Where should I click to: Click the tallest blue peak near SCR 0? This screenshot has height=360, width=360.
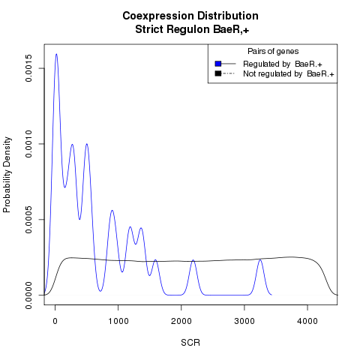pyautogui.click(x=56, y=54)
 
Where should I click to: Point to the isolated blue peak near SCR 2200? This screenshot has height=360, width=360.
pyautogui.click(x=193, y=260)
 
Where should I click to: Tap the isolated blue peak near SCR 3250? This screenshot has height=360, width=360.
pyautogui.click(x=260, y=260)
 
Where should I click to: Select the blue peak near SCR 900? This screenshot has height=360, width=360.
pyautogui.click(x=112, y=211)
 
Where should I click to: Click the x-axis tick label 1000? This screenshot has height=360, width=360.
pyautogui.click(x=118, y=321)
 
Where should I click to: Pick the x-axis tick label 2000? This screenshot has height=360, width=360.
pyautogui.click(x=181, y=321)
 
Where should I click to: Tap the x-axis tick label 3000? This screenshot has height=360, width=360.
pyautogui.click(x=244, y=321)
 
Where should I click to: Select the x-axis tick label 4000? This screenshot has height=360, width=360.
pyautogui.click(x=307, y=321)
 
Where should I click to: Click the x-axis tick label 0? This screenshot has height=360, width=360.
pyautogui.click(x=55, y=321)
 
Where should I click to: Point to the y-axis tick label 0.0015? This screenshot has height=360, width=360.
pyautogui.click(x=28, y=68)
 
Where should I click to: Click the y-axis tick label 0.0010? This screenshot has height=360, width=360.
pyautogui.click(x=28, y=144)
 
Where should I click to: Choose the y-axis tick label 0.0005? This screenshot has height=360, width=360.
pyautogui.click(x=28, y=220)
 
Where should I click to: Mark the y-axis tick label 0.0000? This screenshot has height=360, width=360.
pyautogui.click(x=28, y=295)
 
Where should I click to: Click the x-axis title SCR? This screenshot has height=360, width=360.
pyautogui.click(x=190, y=343)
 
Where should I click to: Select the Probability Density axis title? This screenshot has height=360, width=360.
pyautogui.click(x=7, y=175)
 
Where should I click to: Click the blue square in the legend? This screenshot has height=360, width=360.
pyautogui.click(x=218, y=64)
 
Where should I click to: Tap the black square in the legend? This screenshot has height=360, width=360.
pyautogui.click(x=218, y=73)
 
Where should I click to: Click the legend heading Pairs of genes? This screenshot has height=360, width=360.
pyautogui.click(x=273, y=52)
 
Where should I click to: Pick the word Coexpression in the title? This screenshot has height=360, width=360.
pyautogui.click(x=158, y=16)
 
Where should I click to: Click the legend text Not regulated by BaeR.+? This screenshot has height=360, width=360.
pyautogui.click(x=289, y=74)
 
